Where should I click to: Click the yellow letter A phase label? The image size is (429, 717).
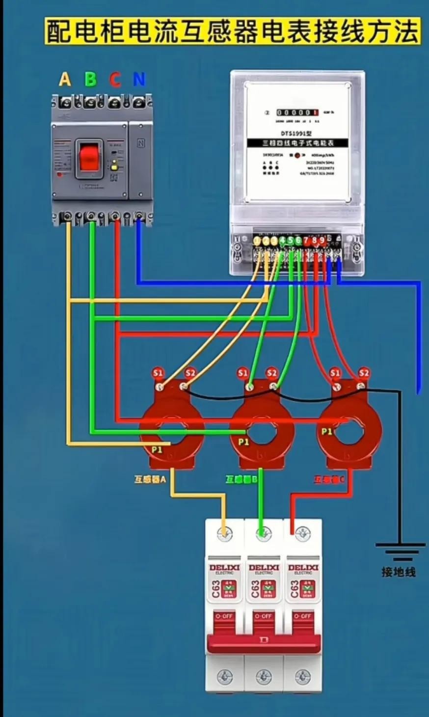[x=65, y=79]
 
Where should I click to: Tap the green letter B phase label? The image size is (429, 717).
[x=90, y=79]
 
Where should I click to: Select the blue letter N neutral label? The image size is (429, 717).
[x=139, y=79]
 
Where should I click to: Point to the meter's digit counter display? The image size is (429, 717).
[x=297, y=112]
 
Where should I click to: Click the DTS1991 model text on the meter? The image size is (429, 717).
[x=296, y=133]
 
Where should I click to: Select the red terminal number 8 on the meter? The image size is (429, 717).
[x=314, y=240]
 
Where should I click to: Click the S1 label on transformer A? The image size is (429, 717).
[x=158, y=373]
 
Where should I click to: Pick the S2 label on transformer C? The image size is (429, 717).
[x=364, y=373]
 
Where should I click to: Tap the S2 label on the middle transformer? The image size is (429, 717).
[x=271, y=373]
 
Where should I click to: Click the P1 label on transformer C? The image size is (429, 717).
[x=327, y=432]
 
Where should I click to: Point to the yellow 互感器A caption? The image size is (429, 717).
[x=151, y=479]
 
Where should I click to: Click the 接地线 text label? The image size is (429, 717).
[x=399, y=572]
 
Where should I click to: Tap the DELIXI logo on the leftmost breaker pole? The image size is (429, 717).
[x=224, y=568]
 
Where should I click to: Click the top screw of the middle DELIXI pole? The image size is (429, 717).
[x=264, y=533]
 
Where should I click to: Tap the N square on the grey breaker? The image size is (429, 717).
[x=141, y=143]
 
